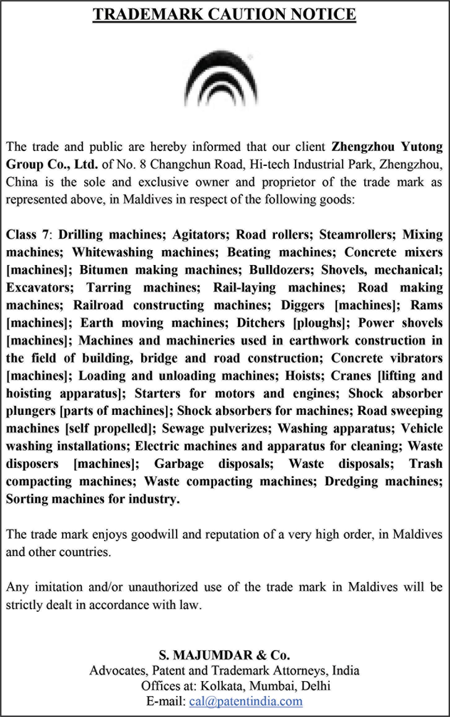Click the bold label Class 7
pos(27,235)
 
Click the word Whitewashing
pos(113,252)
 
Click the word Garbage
pos(179,464)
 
